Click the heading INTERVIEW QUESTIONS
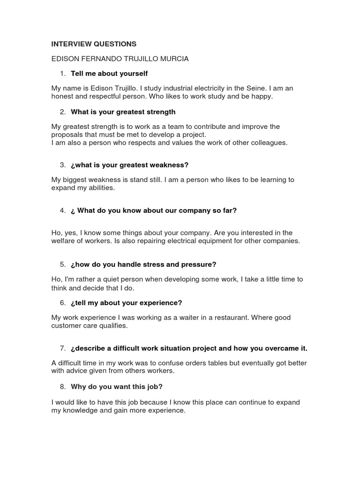point(94,44)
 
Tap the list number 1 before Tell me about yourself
point(62,74)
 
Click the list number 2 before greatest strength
point(62,112)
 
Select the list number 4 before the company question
point(62,211)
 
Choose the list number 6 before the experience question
point(62,303)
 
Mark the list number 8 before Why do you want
point(62,387)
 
